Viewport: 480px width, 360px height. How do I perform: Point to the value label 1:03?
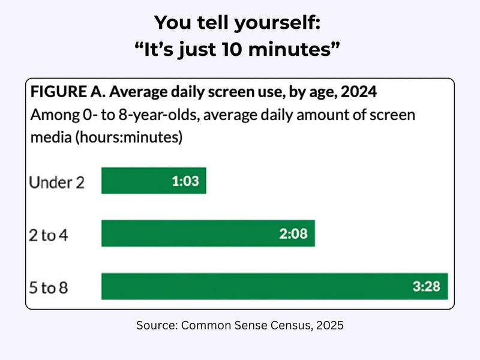pyautogui.click(x=186, y=181)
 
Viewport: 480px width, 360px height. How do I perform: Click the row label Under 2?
pyautogui.click(x=56, y=182)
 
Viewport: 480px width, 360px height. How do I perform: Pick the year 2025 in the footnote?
pyautogui.click(x=329, y=326)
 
